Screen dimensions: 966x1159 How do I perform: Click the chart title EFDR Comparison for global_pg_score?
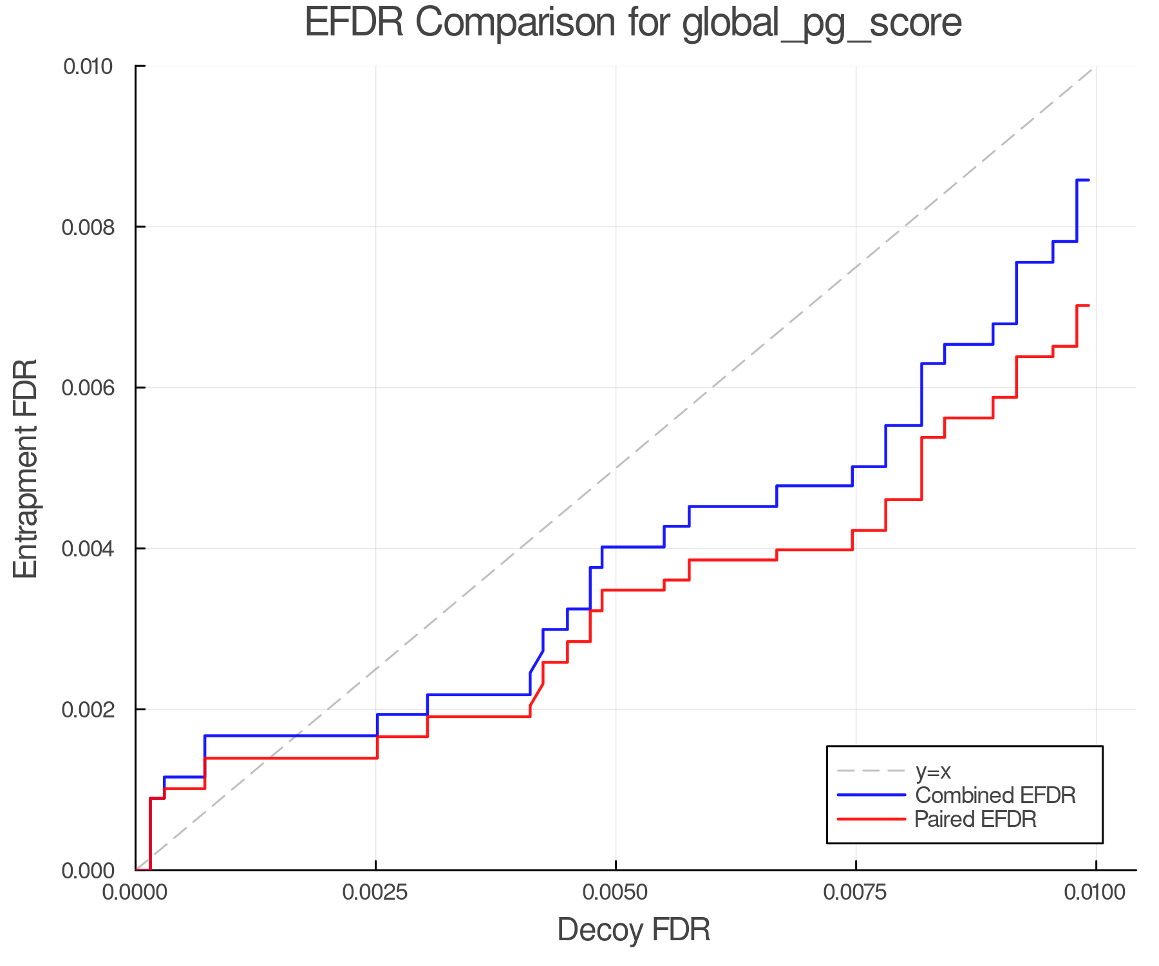[x=633, y=23]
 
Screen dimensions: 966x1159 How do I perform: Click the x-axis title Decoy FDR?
[x=634, y=930]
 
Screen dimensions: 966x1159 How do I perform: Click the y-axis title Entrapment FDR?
[x=26, y=469]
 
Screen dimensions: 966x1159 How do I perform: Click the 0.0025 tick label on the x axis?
[x=375, y=893]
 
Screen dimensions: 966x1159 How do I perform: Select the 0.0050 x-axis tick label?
[x=616, y=893]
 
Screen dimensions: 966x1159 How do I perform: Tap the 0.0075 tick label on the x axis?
[x=856, y=893]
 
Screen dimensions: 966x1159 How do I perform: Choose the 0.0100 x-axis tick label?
[x=1095, y=893]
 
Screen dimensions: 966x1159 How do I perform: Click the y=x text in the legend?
[x=933, y=771]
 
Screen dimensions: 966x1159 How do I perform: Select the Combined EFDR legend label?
[x=995, y=795]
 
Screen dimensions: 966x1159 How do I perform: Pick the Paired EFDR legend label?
[x=975, y=819]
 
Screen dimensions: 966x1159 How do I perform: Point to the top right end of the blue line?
[x=1088, y=180]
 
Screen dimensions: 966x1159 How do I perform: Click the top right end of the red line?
[x=1088, y=305]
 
